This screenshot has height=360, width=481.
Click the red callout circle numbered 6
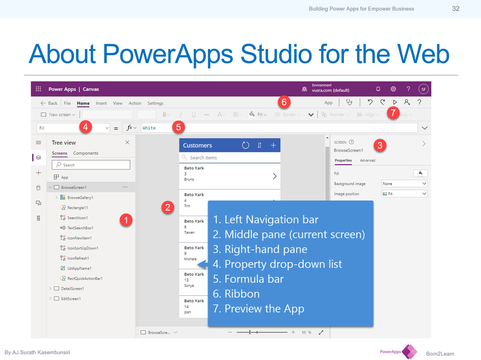284,102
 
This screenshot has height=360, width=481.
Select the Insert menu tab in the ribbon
101,103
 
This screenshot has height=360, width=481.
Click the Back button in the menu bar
49,103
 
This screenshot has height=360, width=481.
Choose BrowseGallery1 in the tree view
80,198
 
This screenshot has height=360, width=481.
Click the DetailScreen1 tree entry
72,288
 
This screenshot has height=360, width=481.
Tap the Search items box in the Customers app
229,158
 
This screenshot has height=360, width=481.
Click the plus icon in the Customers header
273,145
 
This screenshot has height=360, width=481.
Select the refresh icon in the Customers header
245,145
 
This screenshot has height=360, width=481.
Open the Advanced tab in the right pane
367,161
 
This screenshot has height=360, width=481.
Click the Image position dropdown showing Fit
404,194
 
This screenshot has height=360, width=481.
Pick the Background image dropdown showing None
404,184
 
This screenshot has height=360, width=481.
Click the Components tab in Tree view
86,153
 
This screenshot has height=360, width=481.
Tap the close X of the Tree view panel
127,143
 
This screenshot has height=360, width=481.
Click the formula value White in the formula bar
149,128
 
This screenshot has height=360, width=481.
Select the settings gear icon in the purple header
393,89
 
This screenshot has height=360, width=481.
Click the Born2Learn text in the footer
440,354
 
